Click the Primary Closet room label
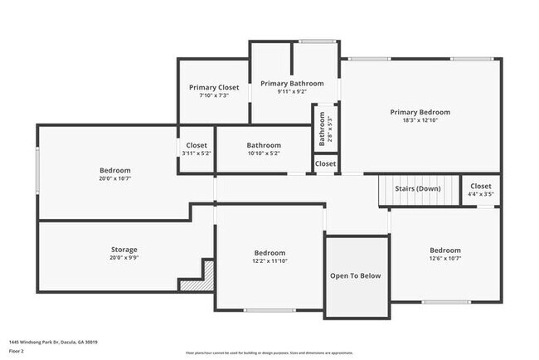point(214,87)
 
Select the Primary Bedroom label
point(420,112)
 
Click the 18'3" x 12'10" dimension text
point(420,120)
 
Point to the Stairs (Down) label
point(417,188)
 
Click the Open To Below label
point(356,275)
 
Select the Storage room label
point(124,250)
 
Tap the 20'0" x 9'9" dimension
point(124,258)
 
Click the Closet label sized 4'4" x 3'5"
point(481,190)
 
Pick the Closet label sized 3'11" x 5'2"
point(197,149)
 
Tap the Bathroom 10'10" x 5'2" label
point(264,149)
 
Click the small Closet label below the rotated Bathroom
point(325,164)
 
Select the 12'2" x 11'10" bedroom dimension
point(269,262)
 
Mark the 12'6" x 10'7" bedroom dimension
point(445,259)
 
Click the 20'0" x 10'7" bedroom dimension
point(115,178)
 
